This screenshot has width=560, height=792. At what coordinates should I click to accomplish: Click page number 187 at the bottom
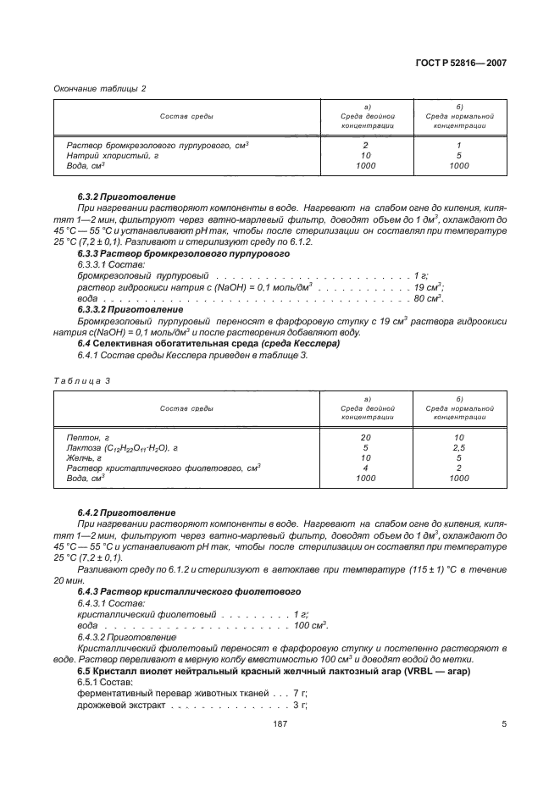[280, 723]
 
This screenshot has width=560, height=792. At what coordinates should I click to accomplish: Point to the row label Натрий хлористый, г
[112, 156]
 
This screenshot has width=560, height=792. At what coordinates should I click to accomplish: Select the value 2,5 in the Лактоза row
[458, 447]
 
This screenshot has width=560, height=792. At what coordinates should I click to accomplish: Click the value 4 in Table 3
[365, 468]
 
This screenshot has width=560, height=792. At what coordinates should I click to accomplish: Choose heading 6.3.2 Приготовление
[126, 197]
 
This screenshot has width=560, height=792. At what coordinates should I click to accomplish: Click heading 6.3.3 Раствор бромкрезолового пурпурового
[162, 253]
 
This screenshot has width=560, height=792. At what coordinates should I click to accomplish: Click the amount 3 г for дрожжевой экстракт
[299, 704]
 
